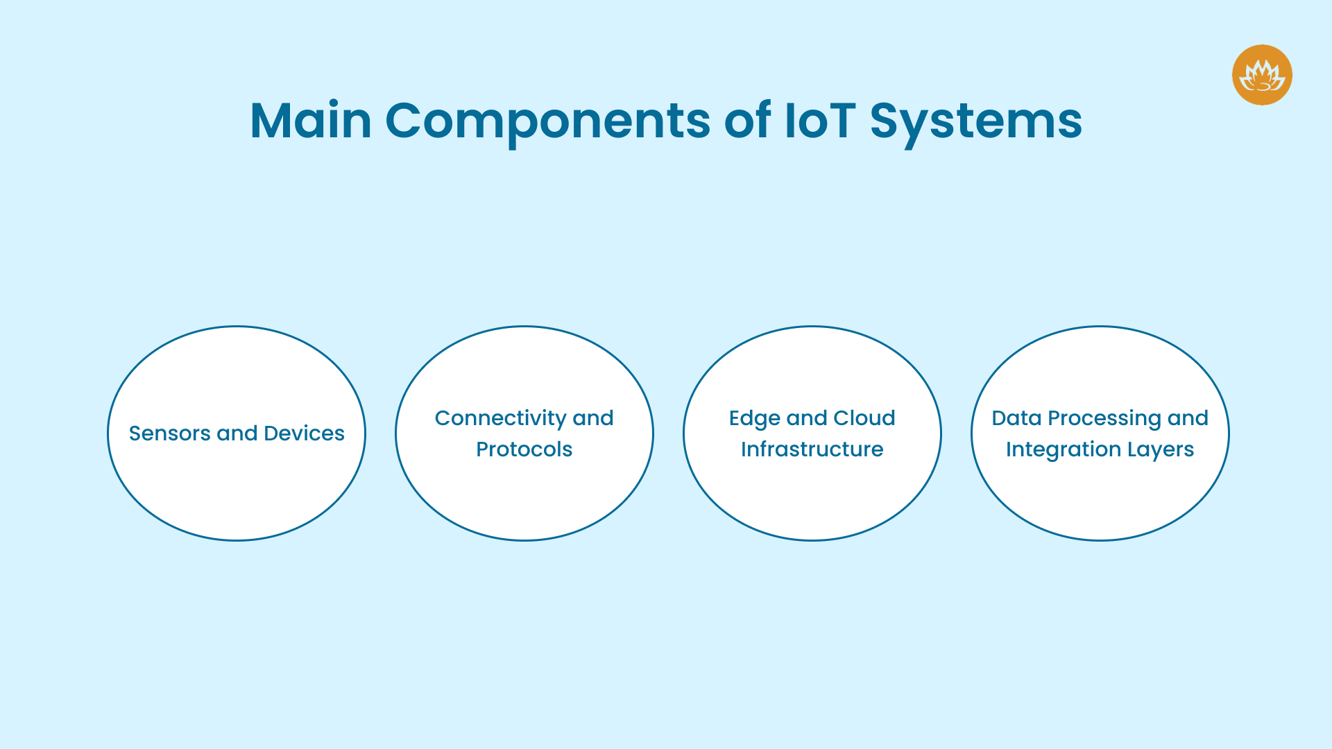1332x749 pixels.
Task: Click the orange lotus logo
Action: click(x=1262, y=75)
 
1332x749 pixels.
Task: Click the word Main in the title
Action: click(x=311, y=121)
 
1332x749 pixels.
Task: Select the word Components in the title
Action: click(x=547, y=121)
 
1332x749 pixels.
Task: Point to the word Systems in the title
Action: click(x=975, y=121)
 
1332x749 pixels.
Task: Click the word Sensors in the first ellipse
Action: click(x=169, y=433)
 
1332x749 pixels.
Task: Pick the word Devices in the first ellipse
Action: click(x=304, y=433)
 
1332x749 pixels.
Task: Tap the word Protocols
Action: click(x=524, y=449)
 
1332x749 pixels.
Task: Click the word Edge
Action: click(x=754, y=418)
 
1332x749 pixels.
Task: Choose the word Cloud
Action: click(x=864, y=418)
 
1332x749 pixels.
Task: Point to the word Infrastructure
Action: click(x=812, y=449)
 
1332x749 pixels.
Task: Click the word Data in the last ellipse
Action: click(x=1016, y=418)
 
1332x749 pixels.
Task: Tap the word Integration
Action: click(x=1063, y=449)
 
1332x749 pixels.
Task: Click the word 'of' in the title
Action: click(x=747, y=121)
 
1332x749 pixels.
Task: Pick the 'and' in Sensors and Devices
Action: click(x=237, y=433)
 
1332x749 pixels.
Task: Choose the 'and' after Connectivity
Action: click(x=592, y=418)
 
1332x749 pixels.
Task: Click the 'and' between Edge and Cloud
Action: click(x=807, y=418)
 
